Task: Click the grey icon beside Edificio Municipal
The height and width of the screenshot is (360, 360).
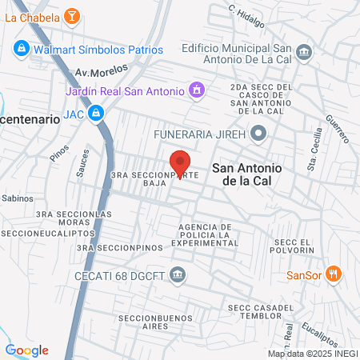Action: tap(304, 53)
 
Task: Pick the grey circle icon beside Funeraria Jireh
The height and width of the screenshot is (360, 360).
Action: tap(258, 133)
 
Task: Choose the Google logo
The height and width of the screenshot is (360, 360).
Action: tap(27, 350)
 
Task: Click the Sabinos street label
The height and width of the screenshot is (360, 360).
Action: tap(14, 196)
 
